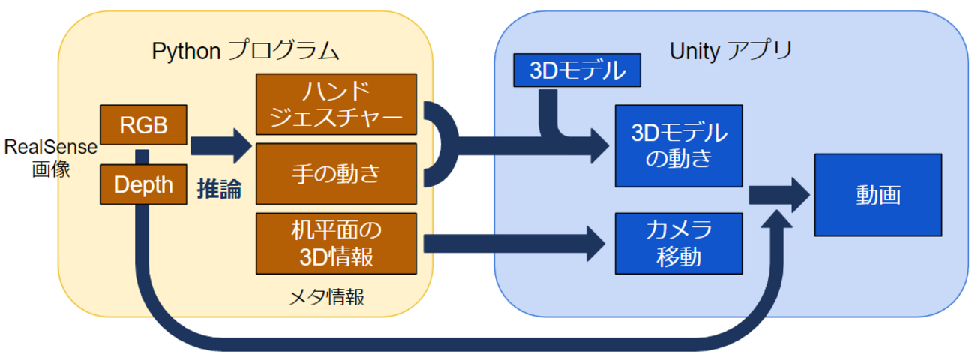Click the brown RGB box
[143, 125]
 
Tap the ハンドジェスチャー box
[336, 105]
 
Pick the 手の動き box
[336, 174]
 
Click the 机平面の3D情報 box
[336, 243]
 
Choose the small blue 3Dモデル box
[577, 70]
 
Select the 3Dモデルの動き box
[678, 146]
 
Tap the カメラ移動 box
[678, 243]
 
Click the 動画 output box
[878, 196]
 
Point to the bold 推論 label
[219, 189]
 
